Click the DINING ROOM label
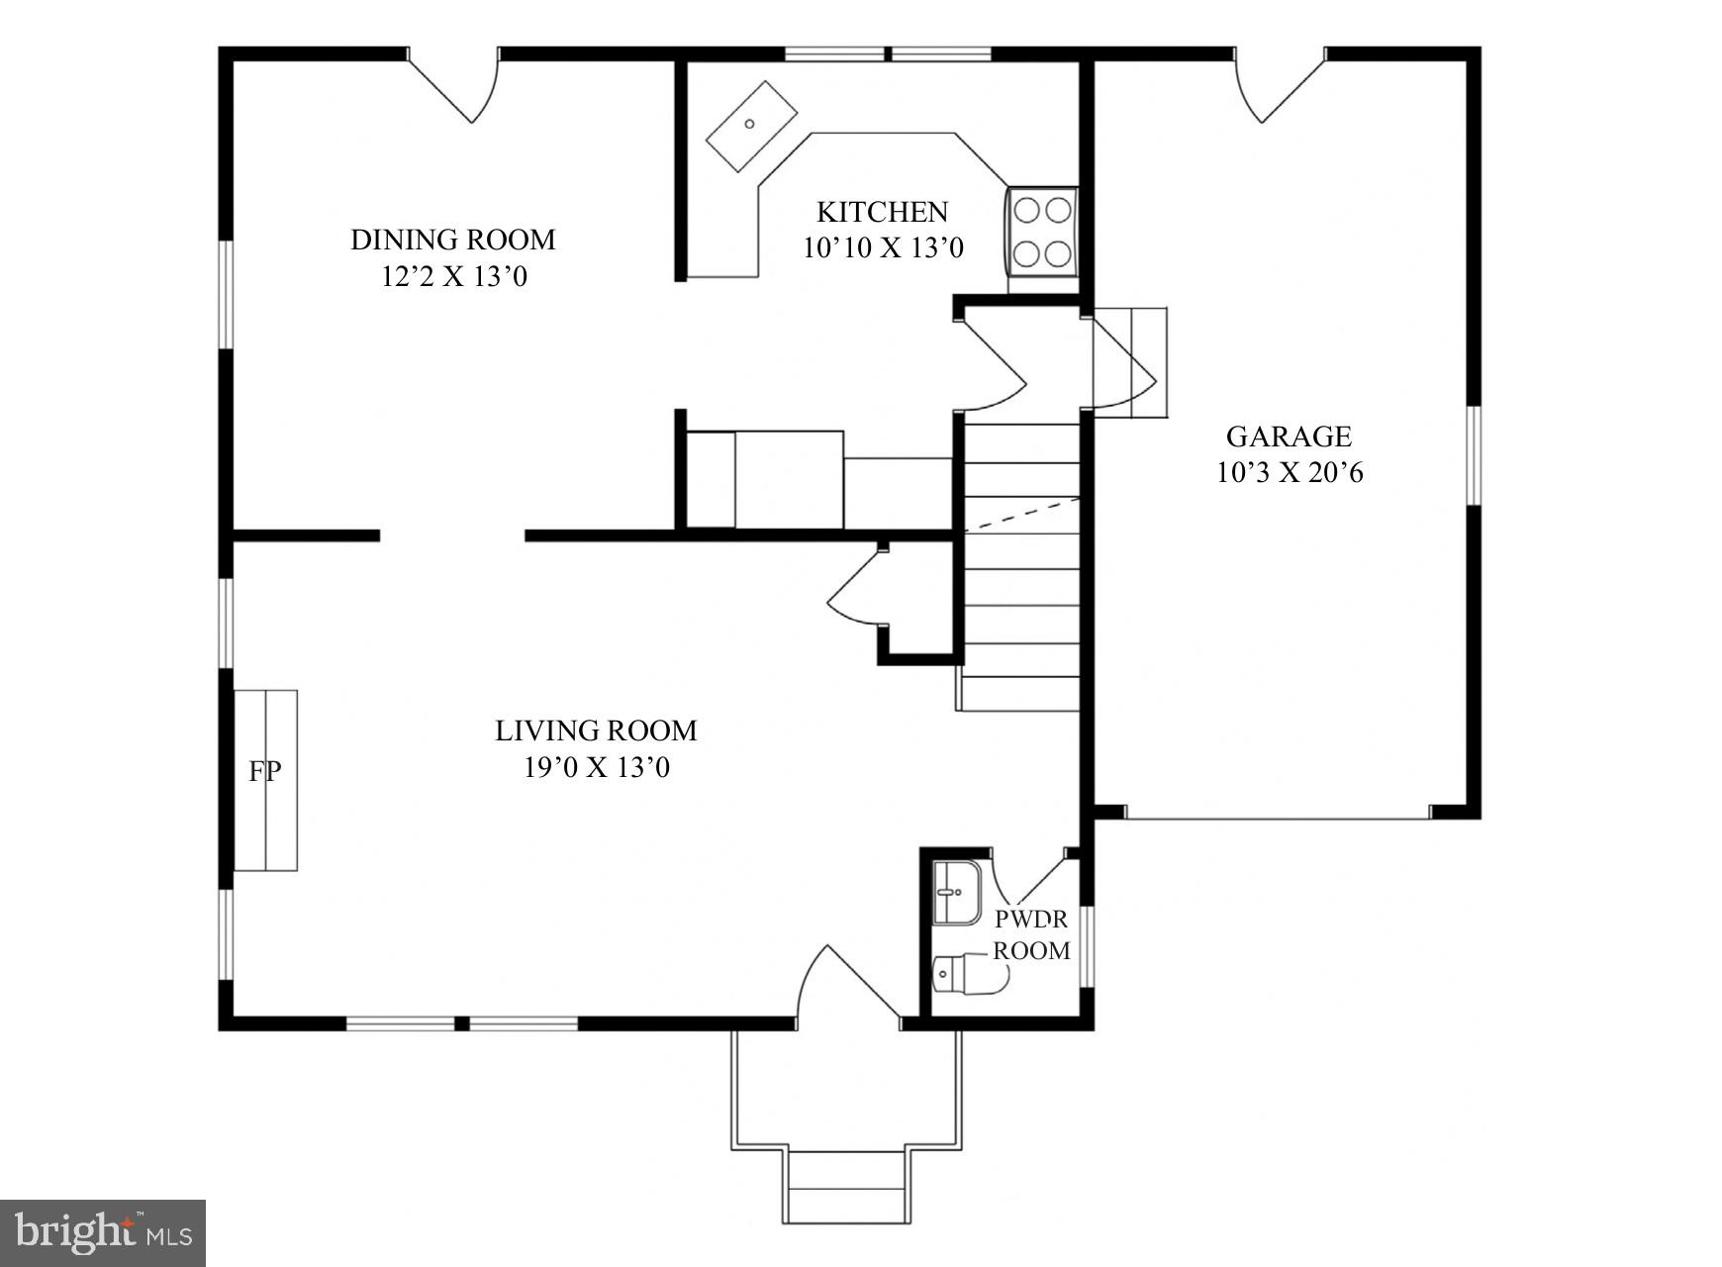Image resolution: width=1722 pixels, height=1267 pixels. tap(453, 240)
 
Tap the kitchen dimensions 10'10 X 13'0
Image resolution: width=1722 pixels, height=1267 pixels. tap(883, 247)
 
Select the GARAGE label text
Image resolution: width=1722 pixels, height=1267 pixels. tap(1289, 437)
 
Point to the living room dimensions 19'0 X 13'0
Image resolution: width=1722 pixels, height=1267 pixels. tap(597, 767)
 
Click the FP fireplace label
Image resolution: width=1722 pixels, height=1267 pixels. tap(264, 771)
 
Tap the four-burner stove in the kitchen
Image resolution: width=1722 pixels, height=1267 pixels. tap(1042, 232)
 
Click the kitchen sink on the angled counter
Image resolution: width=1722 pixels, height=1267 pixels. tap(751, 125)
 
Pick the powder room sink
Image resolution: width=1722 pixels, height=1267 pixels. tap(956, 892)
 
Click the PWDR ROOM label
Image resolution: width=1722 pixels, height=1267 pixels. tap(1031, 934)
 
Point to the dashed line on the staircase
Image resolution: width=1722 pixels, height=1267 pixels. tap(1022, 514)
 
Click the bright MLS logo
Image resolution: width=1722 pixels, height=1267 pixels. tap(103, 1232)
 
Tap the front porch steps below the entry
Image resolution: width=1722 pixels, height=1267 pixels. tap(847, 1187)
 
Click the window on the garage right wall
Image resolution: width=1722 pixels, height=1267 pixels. tap(1474, 455)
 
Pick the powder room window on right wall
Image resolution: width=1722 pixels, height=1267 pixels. tap(1086, 946)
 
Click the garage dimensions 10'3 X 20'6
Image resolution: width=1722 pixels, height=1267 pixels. tap(1289, 473)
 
